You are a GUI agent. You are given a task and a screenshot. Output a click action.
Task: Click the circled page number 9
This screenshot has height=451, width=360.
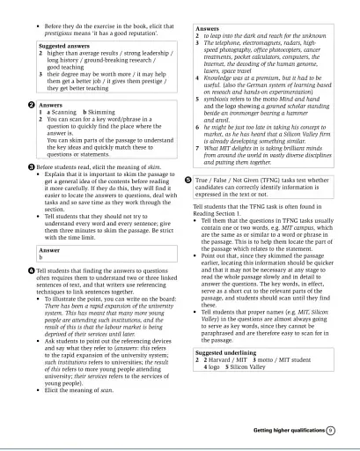pos(329,432)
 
